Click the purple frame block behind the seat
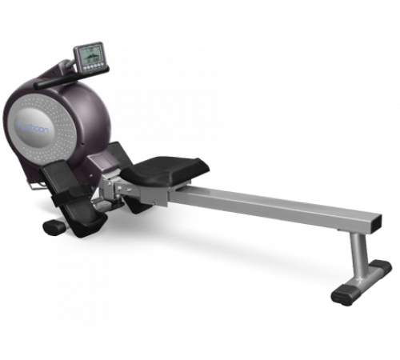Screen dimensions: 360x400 [x=112, y=164]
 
